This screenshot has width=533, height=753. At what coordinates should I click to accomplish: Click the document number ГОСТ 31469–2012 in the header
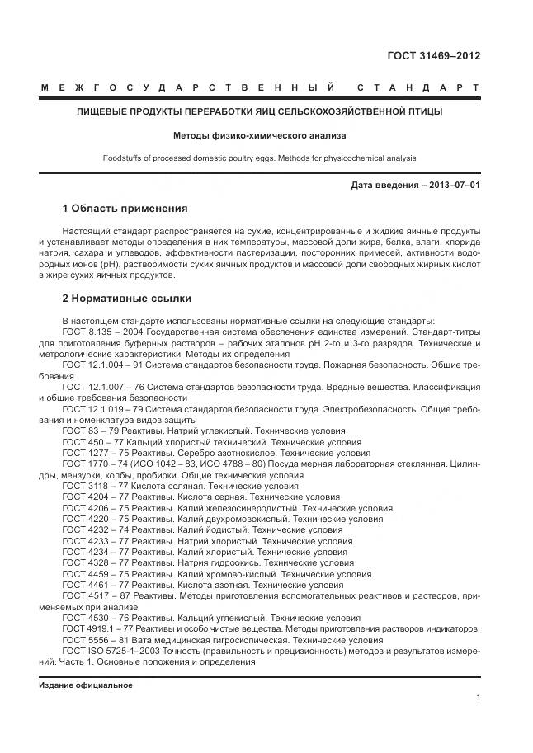[434, 56]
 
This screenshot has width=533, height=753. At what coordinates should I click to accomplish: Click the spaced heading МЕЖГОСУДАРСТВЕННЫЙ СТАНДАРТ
[259, 87]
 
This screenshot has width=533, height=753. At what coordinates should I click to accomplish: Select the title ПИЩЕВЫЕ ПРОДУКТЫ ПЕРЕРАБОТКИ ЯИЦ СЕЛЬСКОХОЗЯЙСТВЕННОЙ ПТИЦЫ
[259, 111]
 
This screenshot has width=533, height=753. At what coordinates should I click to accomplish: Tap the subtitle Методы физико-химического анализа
[259, 134]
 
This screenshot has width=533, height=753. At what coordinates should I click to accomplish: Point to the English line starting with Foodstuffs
[259, 158]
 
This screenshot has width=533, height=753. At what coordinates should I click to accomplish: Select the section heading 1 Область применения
[125, 208]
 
